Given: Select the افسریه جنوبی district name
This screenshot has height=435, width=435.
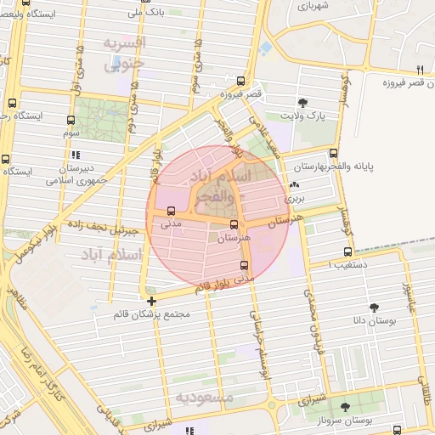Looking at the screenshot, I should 125,52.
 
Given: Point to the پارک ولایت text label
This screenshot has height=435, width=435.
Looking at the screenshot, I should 304,116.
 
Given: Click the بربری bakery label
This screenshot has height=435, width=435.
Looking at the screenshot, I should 293,197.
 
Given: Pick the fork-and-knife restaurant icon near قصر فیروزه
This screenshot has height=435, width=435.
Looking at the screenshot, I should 419,69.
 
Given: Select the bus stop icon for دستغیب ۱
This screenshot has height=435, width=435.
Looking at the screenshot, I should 347,251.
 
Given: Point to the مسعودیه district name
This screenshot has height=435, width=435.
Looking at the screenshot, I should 205,398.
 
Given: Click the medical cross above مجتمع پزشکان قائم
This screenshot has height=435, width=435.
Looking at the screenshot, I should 151,301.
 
